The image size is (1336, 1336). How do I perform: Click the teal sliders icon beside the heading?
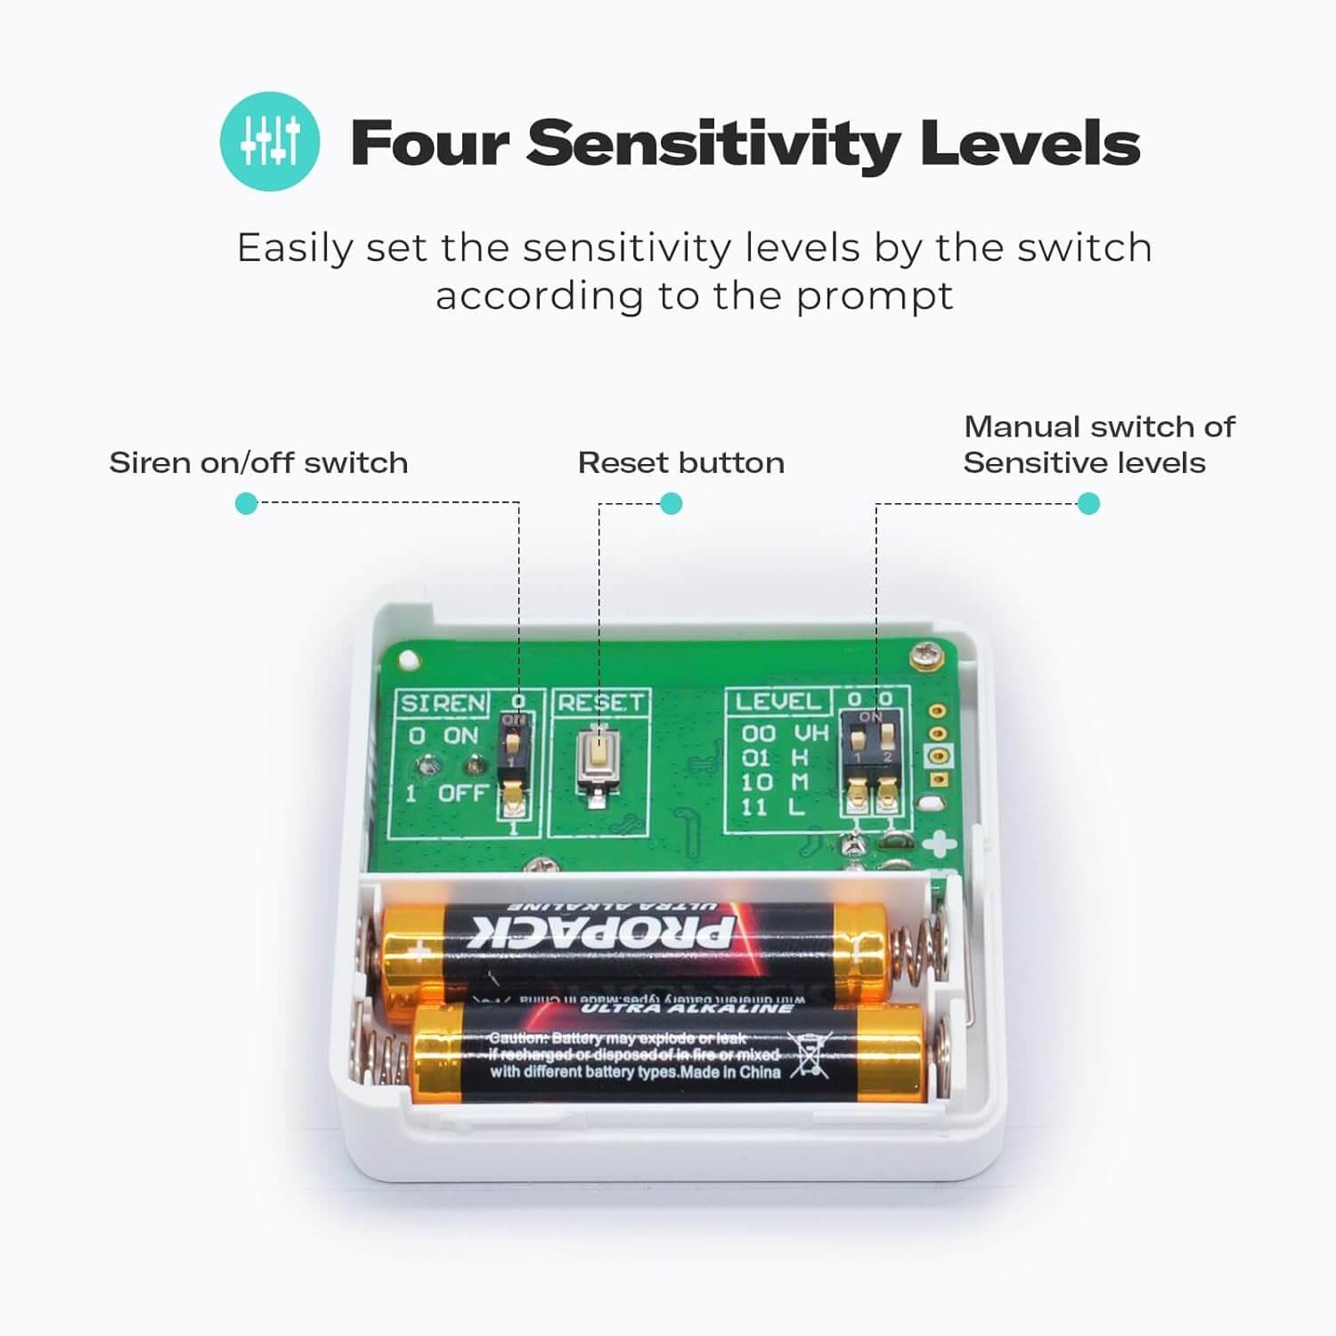pyautogui.click(x=269, y=142)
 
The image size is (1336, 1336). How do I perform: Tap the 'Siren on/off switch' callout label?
pyautogui.click(x=258, y=463)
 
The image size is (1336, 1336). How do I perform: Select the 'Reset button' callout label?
pyautogui.click(x=680, y=463)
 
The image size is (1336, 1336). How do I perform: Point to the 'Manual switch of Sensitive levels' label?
pyautogui.click(x=1098, y=444)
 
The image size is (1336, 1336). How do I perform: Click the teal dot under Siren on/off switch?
pyautogui.click(x=246, y=504)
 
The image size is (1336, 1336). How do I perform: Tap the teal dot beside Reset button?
pyautogui.click(x=671, y=504)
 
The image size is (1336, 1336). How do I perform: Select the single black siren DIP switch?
pyautogui.click(x=514, y=763)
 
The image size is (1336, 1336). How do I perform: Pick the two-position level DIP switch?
pyautogui.click(x=872, y=765)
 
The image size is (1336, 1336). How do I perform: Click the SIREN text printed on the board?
pyautogui.click(x=443, y=704)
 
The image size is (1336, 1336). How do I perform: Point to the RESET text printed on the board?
pyautogui.click(x=599, y=703)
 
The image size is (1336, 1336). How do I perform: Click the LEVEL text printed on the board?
pyautogui.click(x=777, y=702)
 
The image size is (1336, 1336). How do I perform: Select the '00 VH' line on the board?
pyautogui.click(x=785, y=733)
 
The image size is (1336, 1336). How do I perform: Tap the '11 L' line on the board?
pyautogui.click(x=772, y=808)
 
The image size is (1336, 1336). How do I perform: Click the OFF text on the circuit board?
pyautogui.click(x=462, y=793)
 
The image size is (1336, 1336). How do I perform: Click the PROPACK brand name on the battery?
pyautogui.click(x=602, y=932)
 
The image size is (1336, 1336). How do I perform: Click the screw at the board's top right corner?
pyautogui.click(x=925, y=656)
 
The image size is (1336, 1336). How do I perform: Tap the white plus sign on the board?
pyautogui.click(x=937, y=844)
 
